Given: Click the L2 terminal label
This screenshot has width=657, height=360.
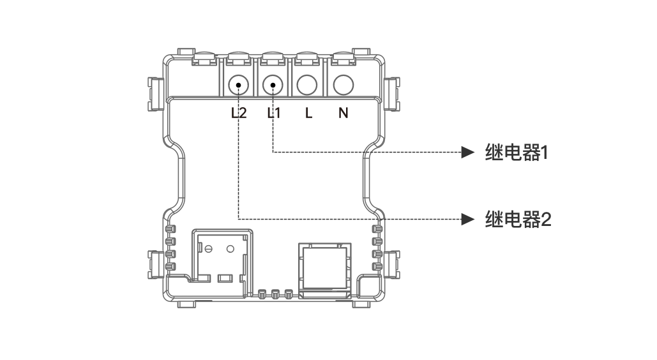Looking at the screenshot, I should coord(239,114).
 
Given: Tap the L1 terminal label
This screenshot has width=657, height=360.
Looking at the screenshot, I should coord(273,114).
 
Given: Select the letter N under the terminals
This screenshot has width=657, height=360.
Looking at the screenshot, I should coord(344,114).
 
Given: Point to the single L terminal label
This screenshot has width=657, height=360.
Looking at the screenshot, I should coord(308,114).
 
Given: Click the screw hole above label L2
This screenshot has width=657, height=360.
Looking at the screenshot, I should coord(239,84).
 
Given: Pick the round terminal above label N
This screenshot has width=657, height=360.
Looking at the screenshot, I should coord(344,84).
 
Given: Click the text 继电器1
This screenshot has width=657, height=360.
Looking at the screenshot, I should coord(517,153).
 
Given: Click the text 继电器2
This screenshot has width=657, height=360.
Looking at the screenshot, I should coord(518,220).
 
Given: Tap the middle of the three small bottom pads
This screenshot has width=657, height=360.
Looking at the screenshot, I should coord(275,294).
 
